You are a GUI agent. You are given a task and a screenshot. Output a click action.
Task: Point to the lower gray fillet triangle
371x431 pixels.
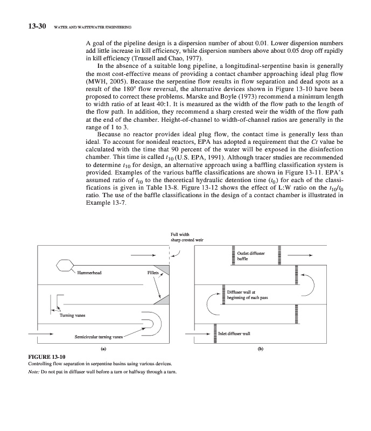coord(162,300)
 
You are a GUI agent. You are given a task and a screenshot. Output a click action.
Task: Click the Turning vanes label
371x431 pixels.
coord(72,315)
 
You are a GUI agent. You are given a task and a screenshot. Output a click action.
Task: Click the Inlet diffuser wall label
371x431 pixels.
coord(234,333)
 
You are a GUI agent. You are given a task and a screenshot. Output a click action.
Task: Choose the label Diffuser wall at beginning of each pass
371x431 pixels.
coord(247,294)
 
